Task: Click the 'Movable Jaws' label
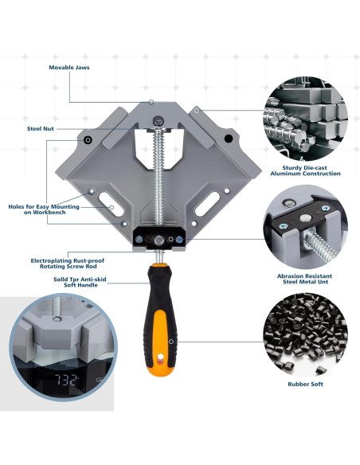pyautogui.click(x=69, y=68)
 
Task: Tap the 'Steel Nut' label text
pyautogui.click(x=41, y=129)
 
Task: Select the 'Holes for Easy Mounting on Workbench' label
pyautogui.click(x=44, y=209)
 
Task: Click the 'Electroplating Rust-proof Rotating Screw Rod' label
pyautogui.click(x=68, y=264)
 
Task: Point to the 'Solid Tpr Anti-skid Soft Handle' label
pyautogui.click(x=80, y=282)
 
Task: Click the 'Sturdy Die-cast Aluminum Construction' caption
pyautogui.click(x=305, y=170)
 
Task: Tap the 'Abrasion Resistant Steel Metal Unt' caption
pyautogui.click(x=304, y=279)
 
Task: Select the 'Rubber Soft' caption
pyautogui.click(x=305, y=384)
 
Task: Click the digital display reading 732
pyautogui.click(x=66, y=380)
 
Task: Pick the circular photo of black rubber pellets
pyautogui.click(x=305, y=334)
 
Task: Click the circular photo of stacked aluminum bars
pyautogui.click(x=305, y=119)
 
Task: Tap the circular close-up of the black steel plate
pyautogui.click(x=305, y=227)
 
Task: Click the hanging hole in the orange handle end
pyautogui.click(x=160, y=358)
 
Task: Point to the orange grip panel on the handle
pyautogui.click(x=160, y=338)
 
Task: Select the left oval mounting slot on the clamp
pyautogui.click(x=111, y=204)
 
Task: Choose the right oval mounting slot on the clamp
pyautogui.click(x=207, y=204)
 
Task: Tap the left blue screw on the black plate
pyautogui.click(x=139, y=239)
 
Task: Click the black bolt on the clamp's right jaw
pyautogui.click(x=229, y=139)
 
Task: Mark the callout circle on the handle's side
pyautogui.click(x=171, y=342)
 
